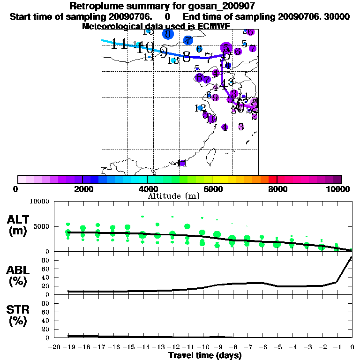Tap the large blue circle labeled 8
tap(168, 34)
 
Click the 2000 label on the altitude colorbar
tap(82, 189)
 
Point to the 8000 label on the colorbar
tap(277, 189)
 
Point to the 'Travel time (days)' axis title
tap(205, 356)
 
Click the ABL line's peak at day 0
tap(352, 257)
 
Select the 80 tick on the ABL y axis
tap(47, 260)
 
